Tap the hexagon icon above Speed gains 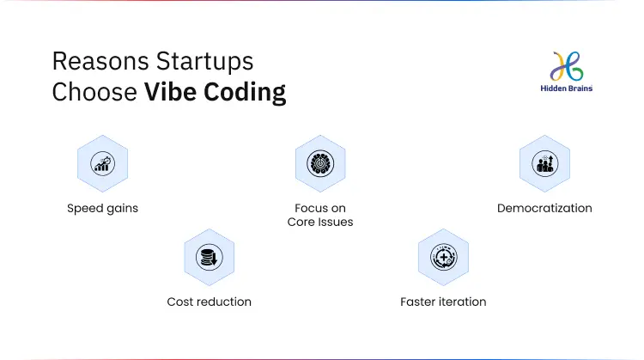click(102, 164)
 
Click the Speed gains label click(102, 208)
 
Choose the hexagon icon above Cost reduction click(209, 257)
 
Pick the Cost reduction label click(209, 302)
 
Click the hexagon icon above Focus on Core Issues click(320, 164)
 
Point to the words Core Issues click(320, 222)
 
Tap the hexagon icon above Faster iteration click(443, 257)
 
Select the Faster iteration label click(443, 302)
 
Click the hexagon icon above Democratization click(544, 164)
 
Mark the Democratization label click(544, 208)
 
